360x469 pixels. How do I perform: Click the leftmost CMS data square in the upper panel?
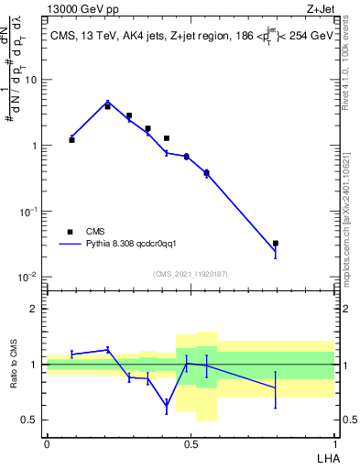[71, 140]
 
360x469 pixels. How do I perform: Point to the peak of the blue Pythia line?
[107, 102]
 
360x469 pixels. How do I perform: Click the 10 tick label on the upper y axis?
[30, 80]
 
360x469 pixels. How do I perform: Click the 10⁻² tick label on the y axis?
[27, 277]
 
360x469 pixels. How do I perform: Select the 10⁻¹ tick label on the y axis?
[27, 212]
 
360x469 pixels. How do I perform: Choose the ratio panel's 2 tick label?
[34, 309]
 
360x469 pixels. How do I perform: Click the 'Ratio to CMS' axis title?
[14, 365]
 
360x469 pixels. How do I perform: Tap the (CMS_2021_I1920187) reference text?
[190, 274]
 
